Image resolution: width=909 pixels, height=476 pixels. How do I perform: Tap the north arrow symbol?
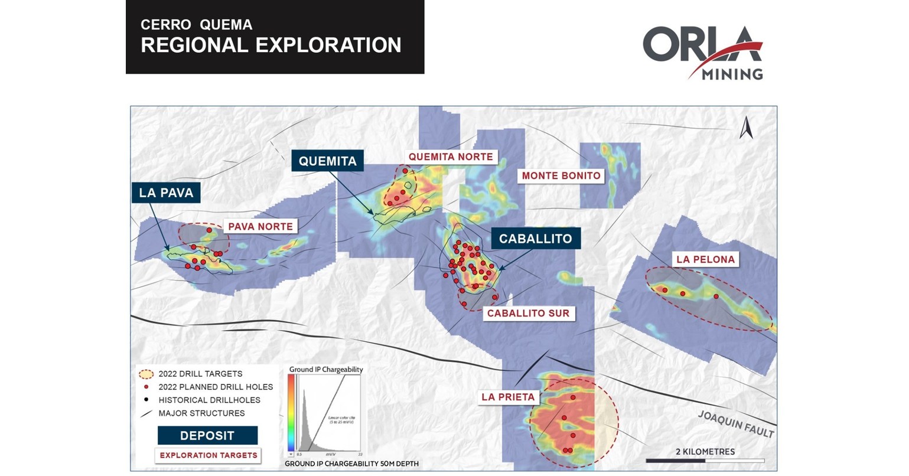point(746,128)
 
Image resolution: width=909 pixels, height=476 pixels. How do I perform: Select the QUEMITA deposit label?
point(327,161)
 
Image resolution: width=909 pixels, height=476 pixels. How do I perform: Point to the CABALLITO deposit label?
point(535,239)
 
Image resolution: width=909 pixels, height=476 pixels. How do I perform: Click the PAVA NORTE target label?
point(260,227)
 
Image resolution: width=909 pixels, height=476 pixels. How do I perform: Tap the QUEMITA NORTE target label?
point(450,157)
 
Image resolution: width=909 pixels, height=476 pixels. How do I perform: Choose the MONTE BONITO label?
point(561,175)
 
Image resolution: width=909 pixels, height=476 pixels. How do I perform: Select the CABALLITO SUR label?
point(528,314)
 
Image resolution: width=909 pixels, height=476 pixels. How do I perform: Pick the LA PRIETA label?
point(508,397)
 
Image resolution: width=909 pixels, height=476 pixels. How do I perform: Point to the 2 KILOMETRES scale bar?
point(705,460)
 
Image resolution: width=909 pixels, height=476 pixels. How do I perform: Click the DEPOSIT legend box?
point(207,436)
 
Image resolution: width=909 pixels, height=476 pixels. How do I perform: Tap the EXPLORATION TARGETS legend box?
point(208,455)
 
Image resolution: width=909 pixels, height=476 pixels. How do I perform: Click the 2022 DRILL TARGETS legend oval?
point(145,374)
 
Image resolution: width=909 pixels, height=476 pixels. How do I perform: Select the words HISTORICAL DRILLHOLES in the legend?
point(209,400)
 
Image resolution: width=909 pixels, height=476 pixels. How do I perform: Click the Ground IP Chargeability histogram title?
point(325,370)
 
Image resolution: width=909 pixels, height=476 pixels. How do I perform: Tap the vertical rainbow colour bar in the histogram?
point(291,414)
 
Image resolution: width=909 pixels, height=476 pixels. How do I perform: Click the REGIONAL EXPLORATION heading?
point(271,45)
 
